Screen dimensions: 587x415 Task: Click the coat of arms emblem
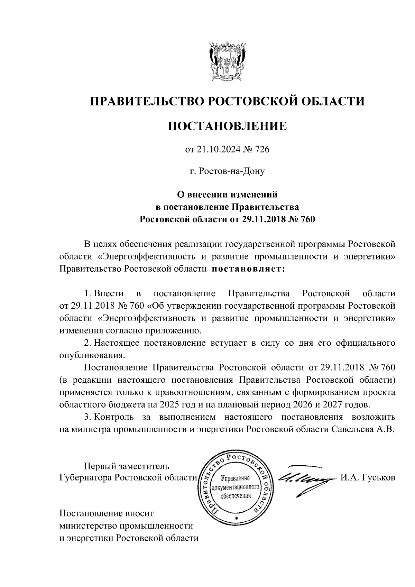tap(227, 62)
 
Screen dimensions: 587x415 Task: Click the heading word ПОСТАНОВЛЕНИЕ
tap(227, 126)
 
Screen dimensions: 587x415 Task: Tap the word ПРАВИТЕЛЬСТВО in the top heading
tap(146, 101)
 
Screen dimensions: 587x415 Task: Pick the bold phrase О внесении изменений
tap(227, 195)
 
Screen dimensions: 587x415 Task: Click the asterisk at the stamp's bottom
tap(237, 519)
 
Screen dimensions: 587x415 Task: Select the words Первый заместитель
tap(127, 466)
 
